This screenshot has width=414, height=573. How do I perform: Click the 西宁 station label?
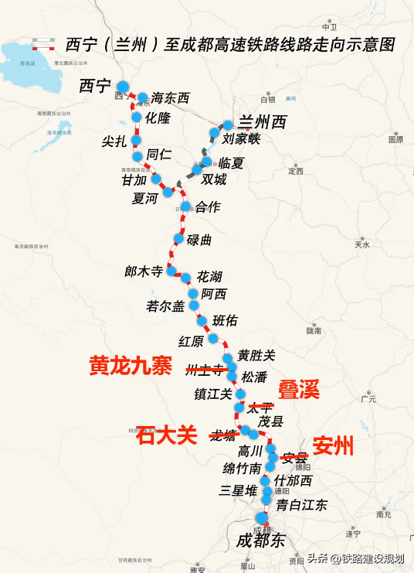click(95, 86)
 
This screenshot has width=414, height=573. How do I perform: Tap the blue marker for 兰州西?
click(227, 124)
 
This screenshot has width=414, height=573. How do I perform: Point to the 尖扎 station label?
click(114, 142)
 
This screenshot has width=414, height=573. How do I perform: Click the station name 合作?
click(207, 207)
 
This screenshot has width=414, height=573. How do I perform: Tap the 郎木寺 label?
click(144, 272)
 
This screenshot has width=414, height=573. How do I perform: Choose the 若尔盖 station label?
click(165, 306)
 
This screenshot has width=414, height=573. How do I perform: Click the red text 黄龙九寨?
click(131, 364)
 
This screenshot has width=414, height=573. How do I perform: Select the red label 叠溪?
click(299, 390)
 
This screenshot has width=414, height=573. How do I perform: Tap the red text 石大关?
click(167, 436)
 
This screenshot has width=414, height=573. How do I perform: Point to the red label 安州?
click(334, 446)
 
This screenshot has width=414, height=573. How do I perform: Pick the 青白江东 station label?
click(302, 506)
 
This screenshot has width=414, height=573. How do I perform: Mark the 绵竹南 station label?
click(243, 469)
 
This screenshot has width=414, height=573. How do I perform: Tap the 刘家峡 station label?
click(242, 140)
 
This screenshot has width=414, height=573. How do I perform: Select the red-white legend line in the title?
click(42, 44)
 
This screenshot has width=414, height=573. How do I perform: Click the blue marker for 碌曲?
click(178, 239)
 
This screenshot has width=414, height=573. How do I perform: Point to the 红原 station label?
click(191, 341)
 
